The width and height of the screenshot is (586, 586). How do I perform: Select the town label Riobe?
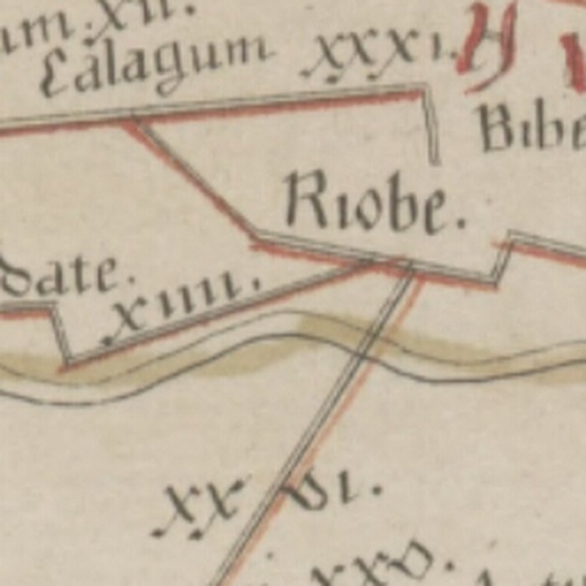click(x=373, y=203)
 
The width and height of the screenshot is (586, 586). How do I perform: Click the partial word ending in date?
click(x=63, y=276)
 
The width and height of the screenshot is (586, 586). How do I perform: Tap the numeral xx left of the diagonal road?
click(x=201, y=506)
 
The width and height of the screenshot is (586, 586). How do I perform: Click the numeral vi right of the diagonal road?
click(x=331, y=490)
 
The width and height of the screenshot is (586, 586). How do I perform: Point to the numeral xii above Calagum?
click(x=126, y=17)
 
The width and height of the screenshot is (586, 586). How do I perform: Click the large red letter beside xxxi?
click(x=486, y=42)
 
